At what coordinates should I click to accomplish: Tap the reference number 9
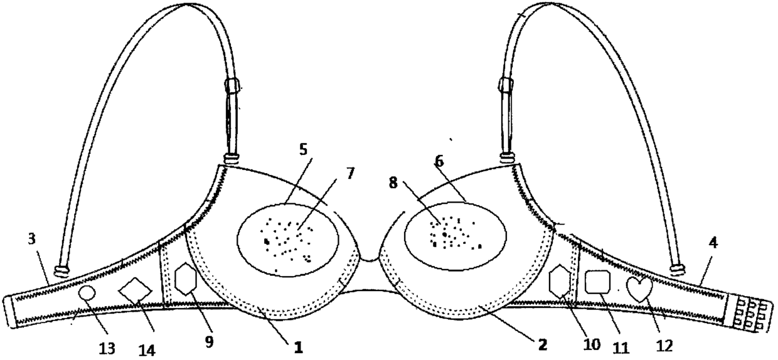click(209, 341)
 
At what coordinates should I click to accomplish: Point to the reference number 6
click(440, 161)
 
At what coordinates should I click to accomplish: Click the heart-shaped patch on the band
click(639, 289)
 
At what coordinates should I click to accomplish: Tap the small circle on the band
click(87, 293)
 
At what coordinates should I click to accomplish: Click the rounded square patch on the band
click(597, 282)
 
